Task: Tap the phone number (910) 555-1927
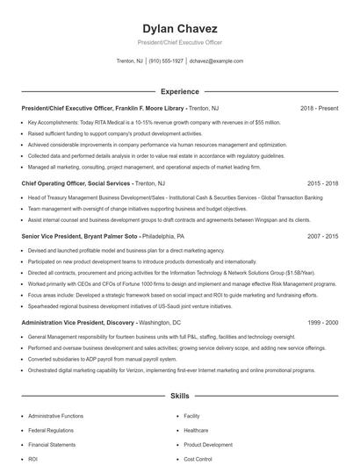166,61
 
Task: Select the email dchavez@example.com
217,61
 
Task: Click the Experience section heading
179,91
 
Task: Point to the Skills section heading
179,397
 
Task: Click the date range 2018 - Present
319,108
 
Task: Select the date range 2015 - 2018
322,183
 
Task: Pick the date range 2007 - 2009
322,237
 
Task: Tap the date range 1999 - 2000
322,323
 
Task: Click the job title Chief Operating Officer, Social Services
76,183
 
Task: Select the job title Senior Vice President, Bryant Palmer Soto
80,237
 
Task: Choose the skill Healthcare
196,430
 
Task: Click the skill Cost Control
198,458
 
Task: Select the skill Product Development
208,444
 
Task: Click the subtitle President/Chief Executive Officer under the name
179,42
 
